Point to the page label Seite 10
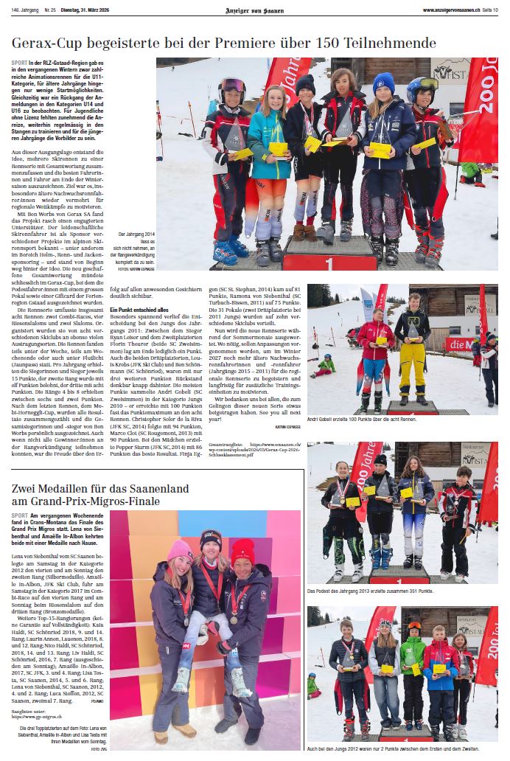click(490, 10)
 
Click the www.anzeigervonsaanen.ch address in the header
click(451, 10)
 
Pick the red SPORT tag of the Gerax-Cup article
click(20, 63)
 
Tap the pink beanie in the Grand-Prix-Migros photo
click(179, 550)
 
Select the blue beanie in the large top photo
click(383, 83)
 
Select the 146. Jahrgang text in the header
click(24, 10)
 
